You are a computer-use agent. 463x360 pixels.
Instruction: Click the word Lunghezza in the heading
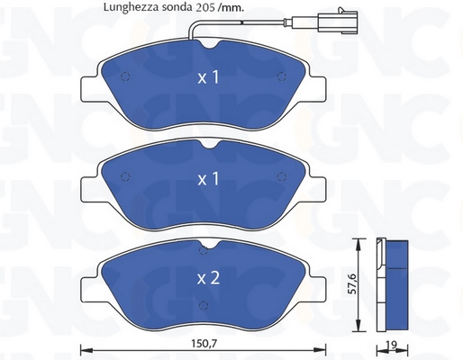[131, 7]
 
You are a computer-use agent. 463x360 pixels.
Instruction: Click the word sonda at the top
[177, 7]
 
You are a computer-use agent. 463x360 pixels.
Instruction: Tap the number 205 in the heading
[205, 7]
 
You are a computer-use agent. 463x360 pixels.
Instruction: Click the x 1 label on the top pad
[208, 77]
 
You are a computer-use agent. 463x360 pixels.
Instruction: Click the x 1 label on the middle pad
[208, 179]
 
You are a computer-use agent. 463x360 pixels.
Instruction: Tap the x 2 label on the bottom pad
[208, 278]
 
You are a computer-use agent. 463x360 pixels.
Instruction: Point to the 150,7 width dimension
[204, 344]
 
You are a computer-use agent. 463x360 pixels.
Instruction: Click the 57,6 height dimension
[352, 283]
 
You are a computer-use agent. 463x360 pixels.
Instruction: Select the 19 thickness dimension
[393, 345]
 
